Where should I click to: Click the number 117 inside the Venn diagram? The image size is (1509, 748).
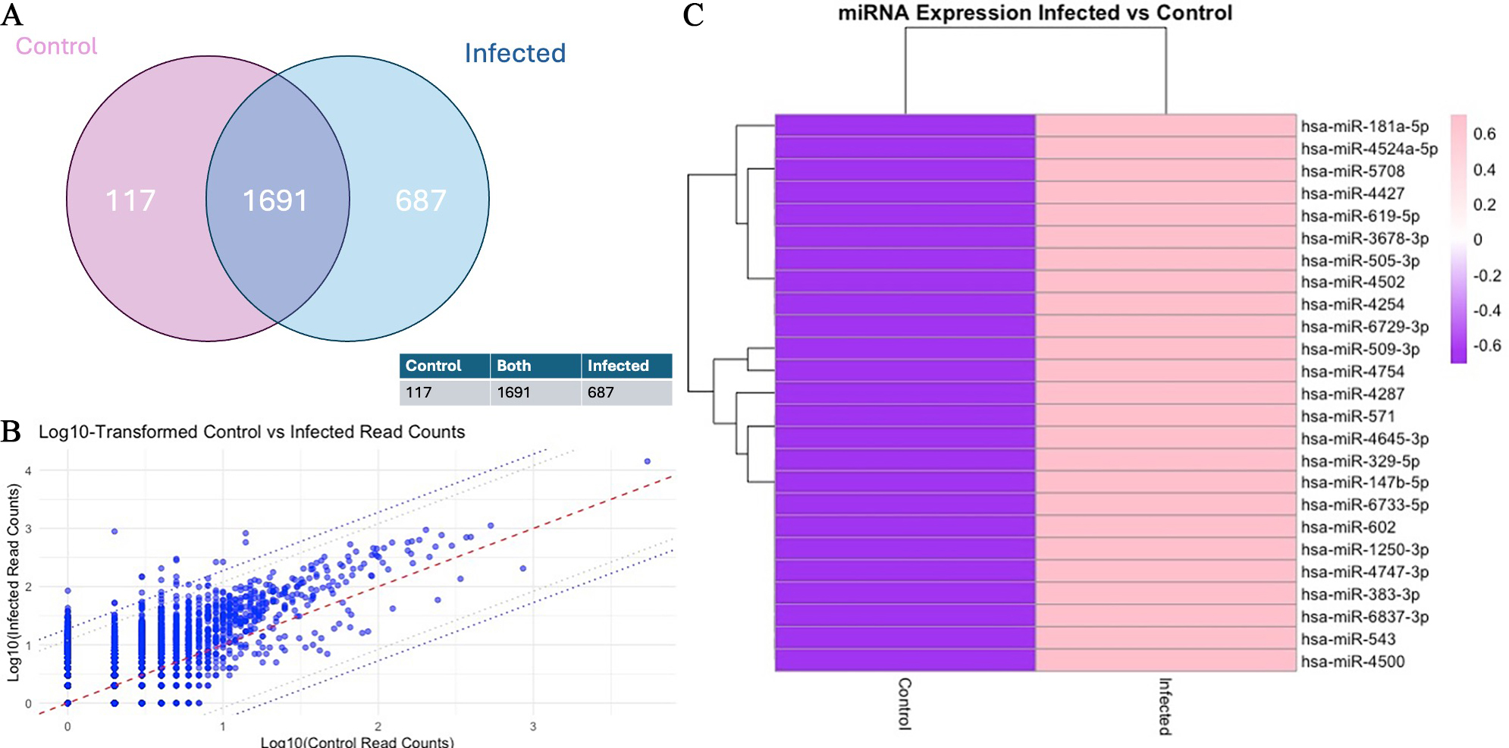coord(130,201)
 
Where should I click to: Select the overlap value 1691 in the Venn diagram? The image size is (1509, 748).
coord(275,201)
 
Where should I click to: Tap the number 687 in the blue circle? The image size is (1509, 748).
coord(420,201)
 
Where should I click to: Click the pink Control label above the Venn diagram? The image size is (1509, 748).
coord(57,46)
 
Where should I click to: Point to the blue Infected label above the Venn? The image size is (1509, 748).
coord(515,53)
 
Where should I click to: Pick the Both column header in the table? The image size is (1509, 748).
coord(514,366)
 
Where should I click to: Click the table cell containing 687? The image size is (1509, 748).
coord(601,392)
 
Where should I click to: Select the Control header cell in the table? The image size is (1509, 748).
coord(433,366)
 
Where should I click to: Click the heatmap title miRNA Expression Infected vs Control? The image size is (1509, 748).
coord(1034,13)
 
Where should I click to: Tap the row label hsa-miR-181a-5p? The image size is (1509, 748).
coord(1364,127)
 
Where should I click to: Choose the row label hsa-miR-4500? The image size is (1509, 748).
coord(1352,662)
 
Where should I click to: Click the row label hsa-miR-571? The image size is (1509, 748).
coord(1347,416)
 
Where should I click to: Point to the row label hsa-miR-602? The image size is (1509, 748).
coord(1347,527)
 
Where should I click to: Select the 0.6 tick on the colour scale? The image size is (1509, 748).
coord(1484,134)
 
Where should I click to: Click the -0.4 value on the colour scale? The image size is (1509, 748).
coord(1486,310)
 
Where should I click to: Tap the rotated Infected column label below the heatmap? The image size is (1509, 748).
coord(1165,706)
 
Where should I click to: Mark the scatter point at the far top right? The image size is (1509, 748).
coord(647,461)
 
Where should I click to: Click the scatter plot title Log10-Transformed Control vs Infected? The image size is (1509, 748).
coord(252,432)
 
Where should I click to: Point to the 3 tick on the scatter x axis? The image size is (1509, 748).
coord(533,727)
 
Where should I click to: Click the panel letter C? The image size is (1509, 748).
coord(693,15)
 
